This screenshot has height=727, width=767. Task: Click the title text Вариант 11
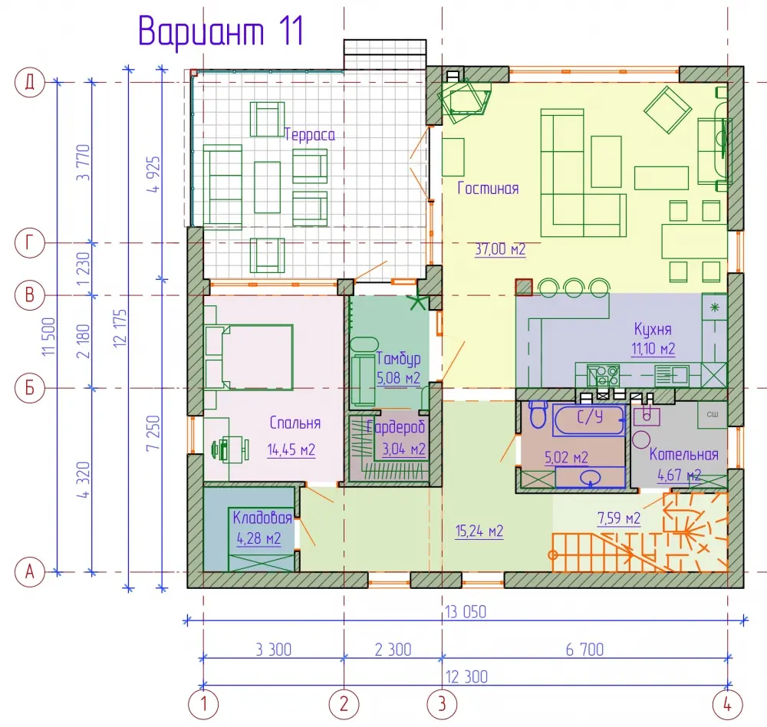[221, 31]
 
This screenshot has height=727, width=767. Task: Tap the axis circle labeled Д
[30, 82]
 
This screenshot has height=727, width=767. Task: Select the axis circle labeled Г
[30, 242]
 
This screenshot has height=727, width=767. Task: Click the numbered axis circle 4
[728, 705]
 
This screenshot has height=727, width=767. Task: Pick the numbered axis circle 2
[344, 705]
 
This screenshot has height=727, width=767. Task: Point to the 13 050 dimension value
[466, 612]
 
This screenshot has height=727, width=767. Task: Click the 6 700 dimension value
[584, 650]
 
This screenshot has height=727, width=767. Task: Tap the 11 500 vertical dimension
[49, 337]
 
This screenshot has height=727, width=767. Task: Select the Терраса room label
[310, 134]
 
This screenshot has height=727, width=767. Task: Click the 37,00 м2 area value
[500, 249]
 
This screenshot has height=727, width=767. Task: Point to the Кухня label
[653, 329]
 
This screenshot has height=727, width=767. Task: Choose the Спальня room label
[295, 423]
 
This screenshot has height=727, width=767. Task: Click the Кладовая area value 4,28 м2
[258, 538]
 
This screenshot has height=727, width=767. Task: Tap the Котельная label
[684, 455]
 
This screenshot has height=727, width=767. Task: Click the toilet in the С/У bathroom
[538, 414]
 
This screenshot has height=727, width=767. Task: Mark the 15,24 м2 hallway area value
[479, 531]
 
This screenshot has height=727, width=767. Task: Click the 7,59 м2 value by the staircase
[619, 518]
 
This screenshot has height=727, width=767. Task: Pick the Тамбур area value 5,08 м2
[398, 378]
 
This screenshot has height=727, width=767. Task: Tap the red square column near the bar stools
[523, 287]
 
